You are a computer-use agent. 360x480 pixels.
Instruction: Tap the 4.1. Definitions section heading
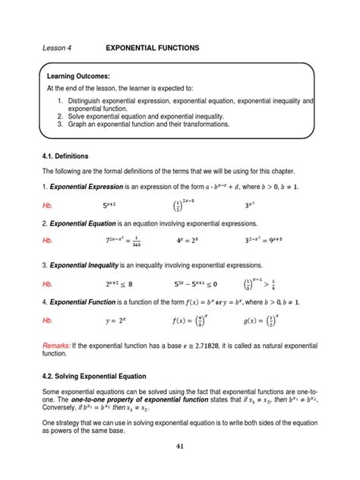pos(69,156)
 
